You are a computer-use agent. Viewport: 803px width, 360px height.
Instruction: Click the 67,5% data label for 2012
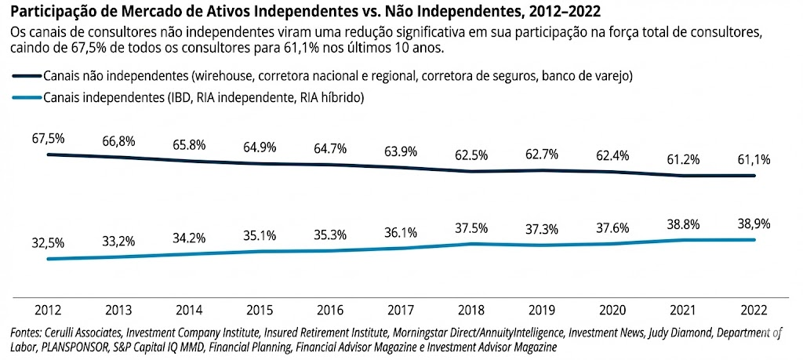(x=48, y=138)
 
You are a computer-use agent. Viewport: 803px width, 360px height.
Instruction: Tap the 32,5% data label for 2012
(x=48, y=242)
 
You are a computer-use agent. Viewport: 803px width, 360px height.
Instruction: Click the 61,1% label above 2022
(x=753, y=160)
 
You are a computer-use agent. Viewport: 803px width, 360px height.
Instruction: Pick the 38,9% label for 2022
(x=753, y=224)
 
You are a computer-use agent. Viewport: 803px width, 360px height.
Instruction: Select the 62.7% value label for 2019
(x=541, y=155)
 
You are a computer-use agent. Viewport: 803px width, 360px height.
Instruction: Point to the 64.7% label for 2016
(x=330, y=147)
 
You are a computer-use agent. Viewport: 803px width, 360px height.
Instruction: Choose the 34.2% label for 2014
(x=189, y=236)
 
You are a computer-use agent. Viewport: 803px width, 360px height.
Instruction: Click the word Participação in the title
(x=54, y=12)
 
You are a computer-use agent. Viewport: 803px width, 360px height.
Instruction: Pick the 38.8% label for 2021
(x=682, y=224)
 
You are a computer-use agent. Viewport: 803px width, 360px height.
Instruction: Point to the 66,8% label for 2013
(x=118, y=142)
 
